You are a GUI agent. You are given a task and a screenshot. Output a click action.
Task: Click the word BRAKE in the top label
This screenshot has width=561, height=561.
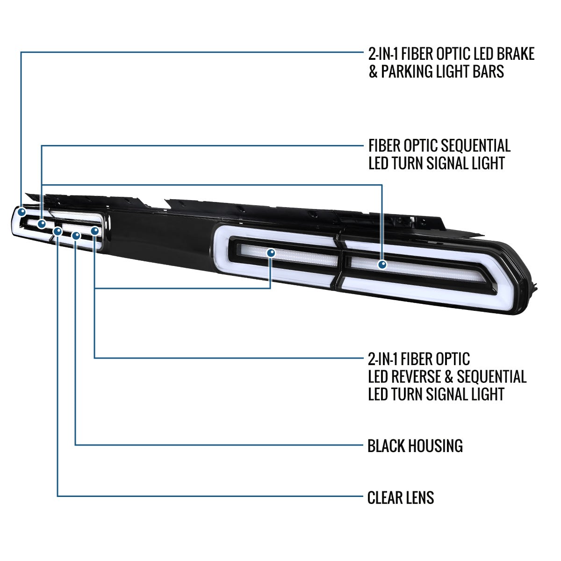(x=515, y=54)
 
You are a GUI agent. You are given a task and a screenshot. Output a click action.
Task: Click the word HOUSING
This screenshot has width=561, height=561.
(x=437, y=446)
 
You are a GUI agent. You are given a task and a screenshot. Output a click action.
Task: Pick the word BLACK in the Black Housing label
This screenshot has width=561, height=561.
(x=387, y=446)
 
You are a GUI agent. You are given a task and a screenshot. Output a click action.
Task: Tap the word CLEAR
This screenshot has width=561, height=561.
(x=385, y=497)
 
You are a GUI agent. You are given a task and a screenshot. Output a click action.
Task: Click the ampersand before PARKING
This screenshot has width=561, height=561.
(x=373, y=72)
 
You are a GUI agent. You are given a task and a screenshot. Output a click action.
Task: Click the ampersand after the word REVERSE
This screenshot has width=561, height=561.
(x=449, y=376)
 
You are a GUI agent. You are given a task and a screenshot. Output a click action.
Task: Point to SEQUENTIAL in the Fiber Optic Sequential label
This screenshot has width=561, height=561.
(x=476, y=145)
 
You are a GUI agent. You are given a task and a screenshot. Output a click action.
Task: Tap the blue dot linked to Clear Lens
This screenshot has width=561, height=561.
(x=58, y=231)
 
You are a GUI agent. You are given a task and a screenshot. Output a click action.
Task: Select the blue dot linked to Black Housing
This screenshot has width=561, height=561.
(x=76, y=236)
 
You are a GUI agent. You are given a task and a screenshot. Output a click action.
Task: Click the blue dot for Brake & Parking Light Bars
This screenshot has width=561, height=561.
(x=22, y=212)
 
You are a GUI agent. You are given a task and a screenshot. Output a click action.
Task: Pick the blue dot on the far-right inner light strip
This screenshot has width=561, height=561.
(x=382, y=265)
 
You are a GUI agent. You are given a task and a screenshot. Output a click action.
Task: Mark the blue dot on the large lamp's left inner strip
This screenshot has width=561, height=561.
(x=271, y=253)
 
